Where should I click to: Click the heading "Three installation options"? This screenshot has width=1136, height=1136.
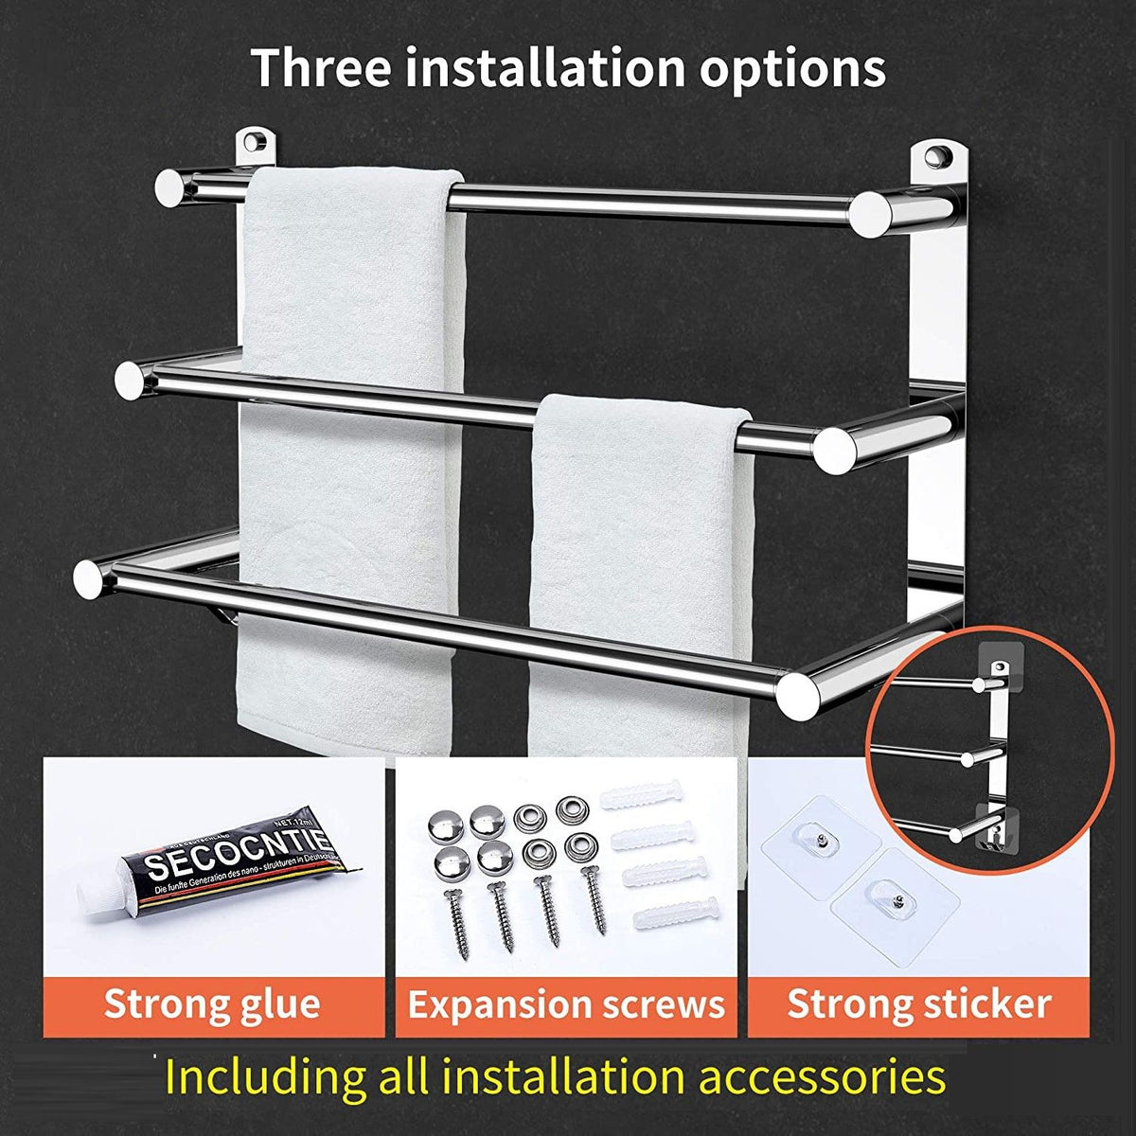pos(569,67)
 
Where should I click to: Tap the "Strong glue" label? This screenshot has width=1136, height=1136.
pos(212,1003)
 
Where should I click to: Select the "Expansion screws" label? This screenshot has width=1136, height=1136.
pos(566,1004)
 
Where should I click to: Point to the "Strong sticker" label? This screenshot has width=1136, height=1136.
pos(919,1003)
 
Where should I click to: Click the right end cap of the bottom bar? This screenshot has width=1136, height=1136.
pos(798,694)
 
